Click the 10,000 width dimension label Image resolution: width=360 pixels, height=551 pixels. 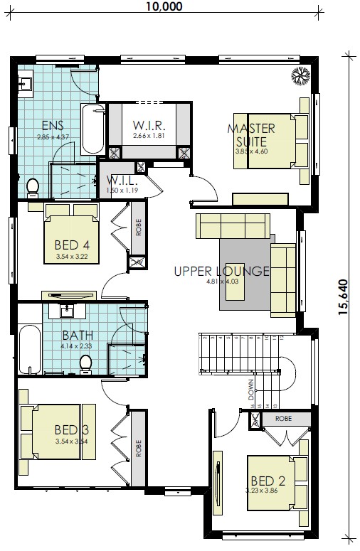[164, 6]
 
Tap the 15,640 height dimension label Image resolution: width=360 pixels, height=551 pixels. [343, 297]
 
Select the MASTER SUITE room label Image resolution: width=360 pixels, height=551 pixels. [251, 135]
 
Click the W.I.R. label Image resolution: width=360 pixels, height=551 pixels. [149, 125]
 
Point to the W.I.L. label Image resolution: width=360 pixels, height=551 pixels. [122, 181]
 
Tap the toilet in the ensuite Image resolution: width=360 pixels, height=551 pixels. [33, 188]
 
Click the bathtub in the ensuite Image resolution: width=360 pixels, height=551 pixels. [92, 129]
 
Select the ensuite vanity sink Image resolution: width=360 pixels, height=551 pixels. [26, 84]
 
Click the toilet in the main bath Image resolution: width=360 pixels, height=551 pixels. [85, 364]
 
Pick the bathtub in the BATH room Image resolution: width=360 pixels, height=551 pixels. [30, 350]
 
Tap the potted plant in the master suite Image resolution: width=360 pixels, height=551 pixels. [301, 76]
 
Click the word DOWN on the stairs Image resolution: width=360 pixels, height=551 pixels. [251, 390]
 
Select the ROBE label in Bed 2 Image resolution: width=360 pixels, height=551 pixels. [284, 419]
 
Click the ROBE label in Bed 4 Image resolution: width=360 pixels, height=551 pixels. [138, 227]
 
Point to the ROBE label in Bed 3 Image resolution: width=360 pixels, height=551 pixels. [138, 448]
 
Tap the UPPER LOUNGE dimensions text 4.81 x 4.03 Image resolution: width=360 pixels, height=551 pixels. [222, 281]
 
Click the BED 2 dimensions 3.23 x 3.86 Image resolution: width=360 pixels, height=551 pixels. [262, 491]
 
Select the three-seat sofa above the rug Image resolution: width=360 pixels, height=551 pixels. [233, 226]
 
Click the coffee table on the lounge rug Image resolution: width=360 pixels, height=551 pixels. [235, 282]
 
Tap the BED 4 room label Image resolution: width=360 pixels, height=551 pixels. [72, 245]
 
